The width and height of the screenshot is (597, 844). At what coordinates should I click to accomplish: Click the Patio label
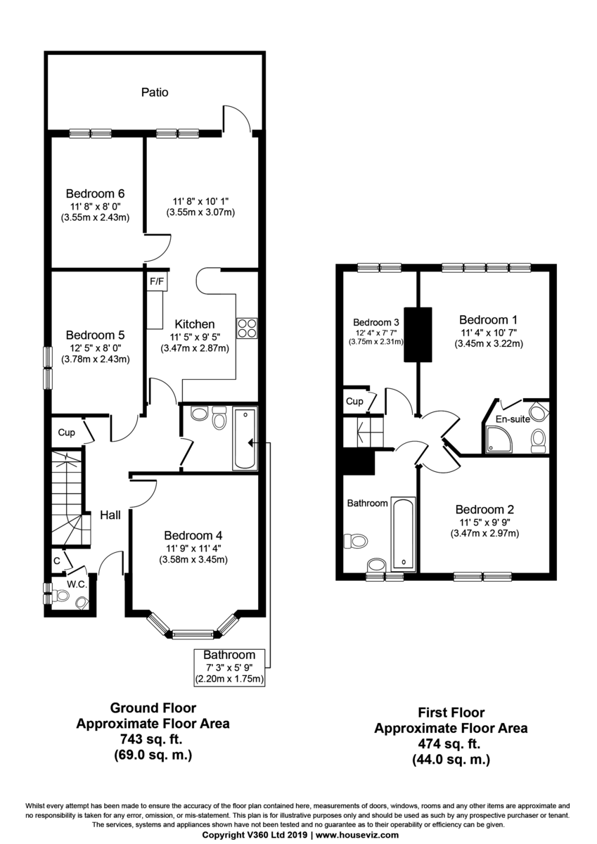click(155, 92)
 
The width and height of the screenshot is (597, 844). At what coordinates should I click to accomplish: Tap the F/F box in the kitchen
click(156, 281)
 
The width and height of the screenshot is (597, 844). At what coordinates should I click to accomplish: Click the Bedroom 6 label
click(95, 193)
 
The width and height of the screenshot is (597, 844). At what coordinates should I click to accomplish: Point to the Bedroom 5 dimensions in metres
click(95, 359)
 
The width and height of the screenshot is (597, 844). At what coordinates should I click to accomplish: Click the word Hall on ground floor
click(110, 515)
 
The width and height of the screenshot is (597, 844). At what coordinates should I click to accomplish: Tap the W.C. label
click(76, 583)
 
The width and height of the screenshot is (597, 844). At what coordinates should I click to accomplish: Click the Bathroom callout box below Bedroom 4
click(229, 667)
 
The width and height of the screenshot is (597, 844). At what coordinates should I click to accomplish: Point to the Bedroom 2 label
click(484, 509)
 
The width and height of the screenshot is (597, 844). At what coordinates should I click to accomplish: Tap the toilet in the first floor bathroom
click(355, 541)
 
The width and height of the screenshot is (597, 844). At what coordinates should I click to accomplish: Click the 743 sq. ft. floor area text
click(153, 738)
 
